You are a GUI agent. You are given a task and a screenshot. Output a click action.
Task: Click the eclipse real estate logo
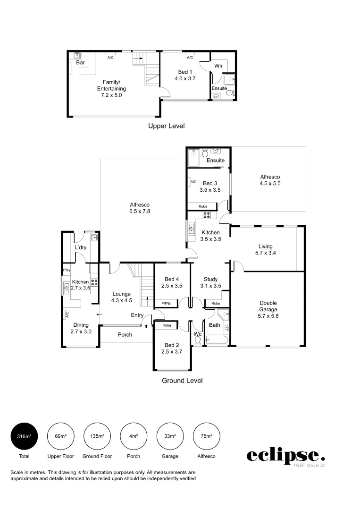(286, 457)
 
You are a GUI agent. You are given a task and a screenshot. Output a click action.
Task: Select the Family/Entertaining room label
(111, 88)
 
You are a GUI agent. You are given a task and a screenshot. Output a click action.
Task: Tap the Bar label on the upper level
(80, 62)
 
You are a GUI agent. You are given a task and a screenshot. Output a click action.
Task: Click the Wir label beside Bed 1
(218, 66)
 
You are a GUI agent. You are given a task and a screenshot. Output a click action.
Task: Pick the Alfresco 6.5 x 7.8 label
(140, 208)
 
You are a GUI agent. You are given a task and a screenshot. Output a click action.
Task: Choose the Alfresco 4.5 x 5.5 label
(270, 180)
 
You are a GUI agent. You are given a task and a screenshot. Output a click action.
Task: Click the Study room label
(210, 282)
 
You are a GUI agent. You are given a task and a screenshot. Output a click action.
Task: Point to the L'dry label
(80, 247)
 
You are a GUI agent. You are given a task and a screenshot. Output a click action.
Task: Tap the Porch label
(125, 335)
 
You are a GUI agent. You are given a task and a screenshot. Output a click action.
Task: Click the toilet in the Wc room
(198, 340)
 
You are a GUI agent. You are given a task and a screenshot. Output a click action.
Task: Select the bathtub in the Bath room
(218, 340)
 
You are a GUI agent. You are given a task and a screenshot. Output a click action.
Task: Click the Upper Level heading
(166, 126)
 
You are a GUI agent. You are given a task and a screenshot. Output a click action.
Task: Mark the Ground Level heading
(182, 380)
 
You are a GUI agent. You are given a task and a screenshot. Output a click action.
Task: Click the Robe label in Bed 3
(203, 206)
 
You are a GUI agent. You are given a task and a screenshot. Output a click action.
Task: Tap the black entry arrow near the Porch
(146, 325)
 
